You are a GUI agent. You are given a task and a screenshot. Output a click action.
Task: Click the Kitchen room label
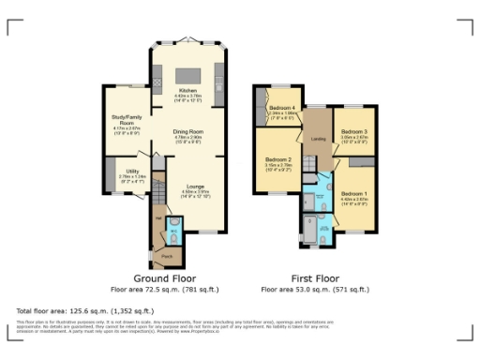(x=188, y=90)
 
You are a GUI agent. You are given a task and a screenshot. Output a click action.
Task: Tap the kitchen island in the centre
(x=188, y=74)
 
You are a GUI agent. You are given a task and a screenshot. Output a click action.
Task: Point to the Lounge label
(x=193, y=187)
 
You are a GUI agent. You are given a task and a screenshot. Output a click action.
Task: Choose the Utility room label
(x=131, y=171)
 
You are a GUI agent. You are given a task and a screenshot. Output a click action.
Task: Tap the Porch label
(x=167, y=254)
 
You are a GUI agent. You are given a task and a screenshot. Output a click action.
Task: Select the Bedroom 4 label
(x=282, y=108)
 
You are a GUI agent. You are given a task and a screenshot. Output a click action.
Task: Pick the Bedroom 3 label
(x=352, y=131)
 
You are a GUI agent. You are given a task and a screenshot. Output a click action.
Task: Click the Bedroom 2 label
(x=277, y=160)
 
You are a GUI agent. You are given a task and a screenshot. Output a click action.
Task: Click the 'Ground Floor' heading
(x=163, y=279)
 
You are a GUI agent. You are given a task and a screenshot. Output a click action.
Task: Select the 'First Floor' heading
(x=314, y=279)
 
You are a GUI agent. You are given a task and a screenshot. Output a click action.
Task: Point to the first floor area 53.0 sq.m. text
(x=314, y=290)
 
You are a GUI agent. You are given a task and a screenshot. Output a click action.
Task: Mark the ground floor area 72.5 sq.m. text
(x=163, y=290)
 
